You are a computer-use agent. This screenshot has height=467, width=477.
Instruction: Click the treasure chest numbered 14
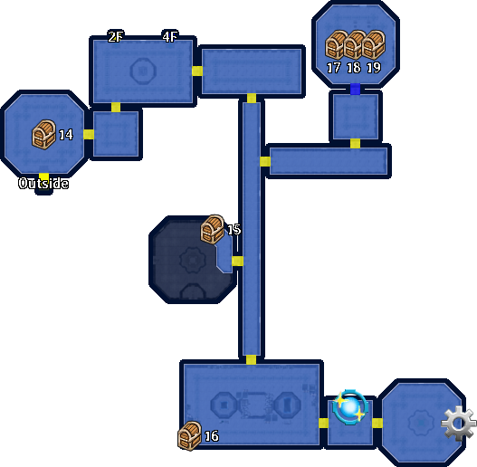pyautogui.click(x=43, y=135)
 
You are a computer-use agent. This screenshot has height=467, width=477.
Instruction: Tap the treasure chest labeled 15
pyautogui.click(x=213, y=229)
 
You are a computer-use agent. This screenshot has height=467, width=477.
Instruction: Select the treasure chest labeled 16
pyautogui.click(x=189, y=435)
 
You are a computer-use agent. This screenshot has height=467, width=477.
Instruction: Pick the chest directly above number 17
pyautogui.click(x=336, y=44)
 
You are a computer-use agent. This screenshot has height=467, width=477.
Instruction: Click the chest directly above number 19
pyautogui.click(x=374, y=44)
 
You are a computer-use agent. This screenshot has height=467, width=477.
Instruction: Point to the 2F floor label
pyautogui.click(x=116, y=37)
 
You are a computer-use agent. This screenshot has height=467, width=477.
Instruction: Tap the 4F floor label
pyautogui.click(x=170, y=37)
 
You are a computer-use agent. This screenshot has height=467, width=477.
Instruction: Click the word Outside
pyautogui.click(x=43, y=183)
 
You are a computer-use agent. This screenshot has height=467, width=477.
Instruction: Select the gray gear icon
pyautogui.click(x=458, y=423)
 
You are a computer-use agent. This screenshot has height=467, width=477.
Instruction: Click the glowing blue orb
pyautogui.click(x=351, y=405)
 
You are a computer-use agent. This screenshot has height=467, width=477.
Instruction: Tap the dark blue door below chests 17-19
pyautogui.click(x=355, y=89)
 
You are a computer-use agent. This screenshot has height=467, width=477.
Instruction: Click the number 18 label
pyautogui.click(x=354, y=68)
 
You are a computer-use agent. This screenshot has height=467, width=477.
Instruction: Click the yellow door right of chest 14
pyautogui.click(x=89, y=134)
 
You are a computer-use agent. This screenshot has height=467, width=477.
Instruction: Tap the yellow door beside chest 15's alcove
pyautogui.click(x=237, y=261)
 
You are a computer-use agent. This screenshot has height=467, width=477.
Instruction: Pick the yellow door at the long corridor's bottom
pyautogui.click(x=251, y=360)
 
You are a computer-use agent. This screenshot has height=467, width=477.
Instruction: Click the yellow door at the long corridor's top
pyautogui.click(x=252, y=99)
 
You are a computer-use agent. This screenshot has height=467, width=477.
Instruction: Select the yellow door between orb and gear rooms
pyautogui.click(x=377, y=423)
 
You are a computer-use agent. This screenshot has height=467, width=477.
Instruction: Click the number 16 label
pyautogui.click(x=212, y=436)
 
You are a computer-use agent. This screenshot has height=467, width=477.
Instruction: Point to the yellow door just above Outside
pyautogui.click(x=43, y=176)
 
